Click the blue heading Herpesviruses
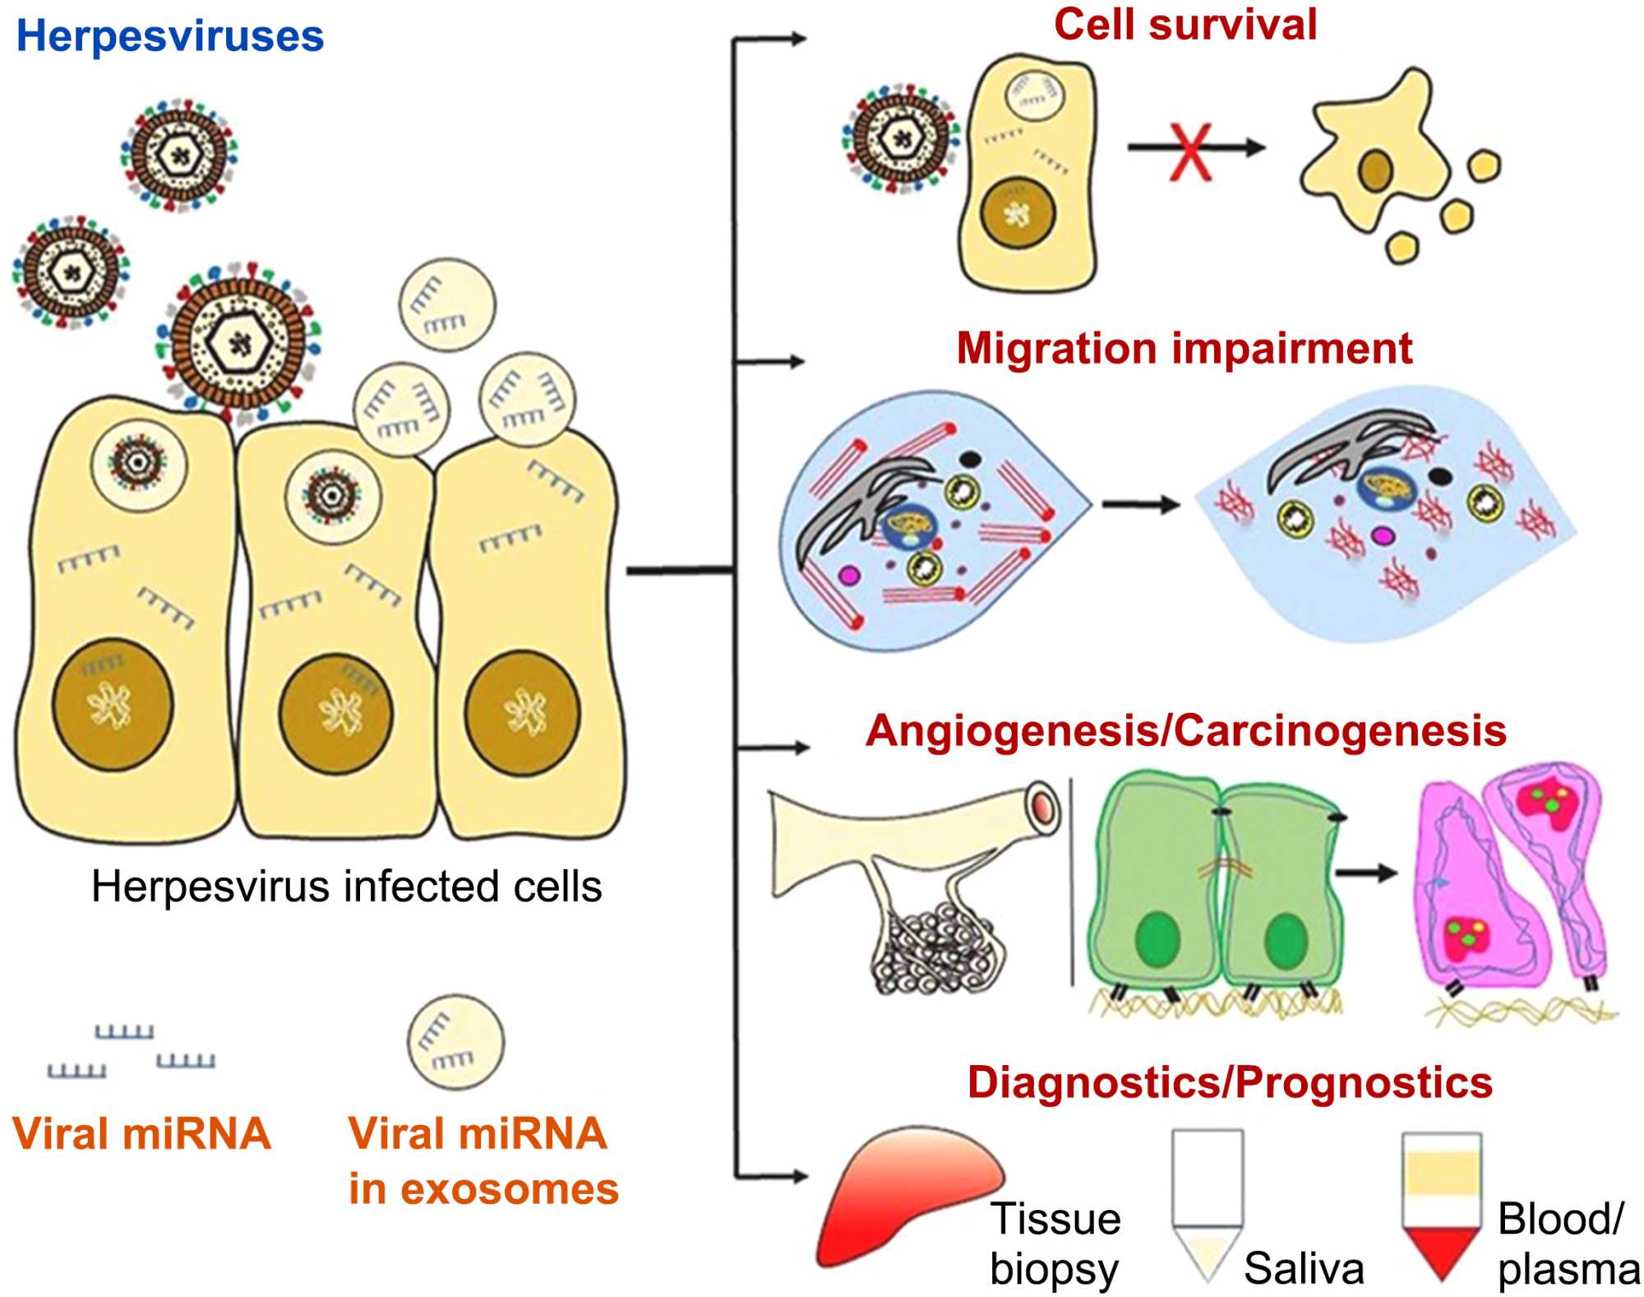pos(170,37)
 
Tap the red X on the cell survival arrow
pos(1189,151)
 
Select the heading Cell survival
pos(1185,25)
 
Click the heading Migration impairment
pos(1184,349)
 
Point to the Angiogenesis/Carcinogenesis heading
pos(1185,731)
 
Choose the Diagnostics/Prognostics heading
pos(1229,1082)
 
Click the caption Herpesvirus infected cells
pos(346,887)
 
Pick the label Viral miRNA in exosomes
pos(483,1161)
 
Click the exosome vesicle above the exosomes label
pos(455,1042)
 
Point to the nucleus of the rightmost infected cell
pos(522,712)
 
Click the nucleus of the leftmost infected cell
pos(113,705)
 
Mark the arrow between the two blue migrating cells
pos(1141,504)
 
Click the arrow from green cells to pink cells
pos(1366,873)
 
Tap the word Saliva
pos(1304,1267)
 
